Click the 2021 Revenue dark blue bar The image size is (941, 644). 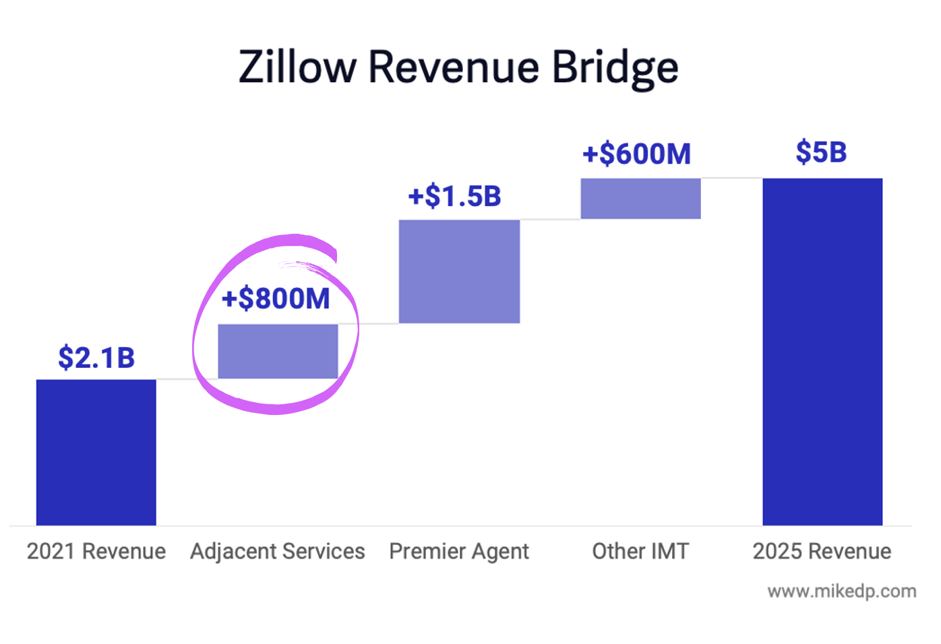[96, 452]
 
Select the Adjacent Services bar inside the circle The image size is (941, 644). [278, 351]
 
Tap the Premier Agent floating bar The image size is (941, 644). [459, 271]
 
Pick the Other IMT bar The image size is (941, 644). [640, 198]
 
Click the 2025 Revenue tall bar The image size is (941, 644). [822, 352]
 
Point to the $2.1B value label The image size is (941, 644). [96, 358]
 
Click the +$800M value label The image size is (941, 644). [276, 298]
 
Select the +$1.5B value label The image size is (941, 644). [455, 197]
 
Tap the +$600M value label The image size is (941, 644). [637, 154]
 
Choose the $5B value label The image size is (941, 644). [821, 152]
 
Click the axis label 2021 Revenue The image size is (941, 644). [96, 551]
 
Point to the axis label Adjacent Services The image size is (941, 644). [277, 551]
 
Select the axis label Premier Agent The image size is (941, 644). [459, 551]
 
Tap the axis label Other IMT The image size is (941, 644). [640, 551]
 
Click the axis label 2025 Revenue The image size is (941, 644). [822, 551]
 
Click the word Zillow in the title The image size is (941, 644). [297, 67]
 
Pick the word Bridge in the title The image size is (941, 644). [615, 67]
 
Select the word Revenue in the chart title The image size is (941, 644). [454, 67]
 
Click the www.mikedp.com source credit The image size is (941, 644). [841, 591]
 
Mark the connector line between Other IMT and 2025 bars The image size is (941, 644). [731, 178]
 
